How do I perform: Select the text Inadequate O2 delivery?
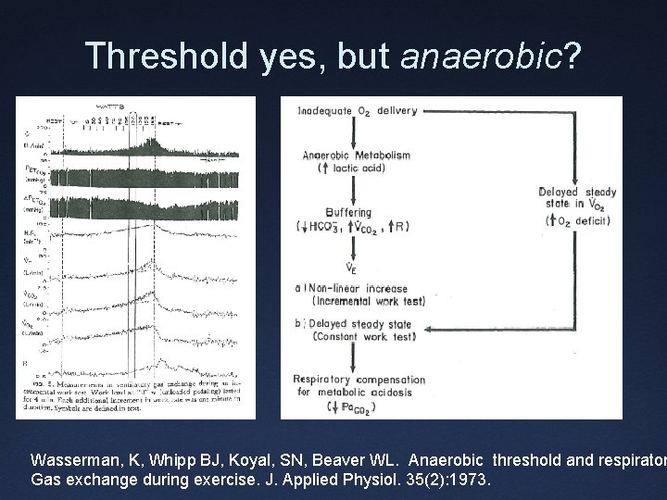click(357, 111)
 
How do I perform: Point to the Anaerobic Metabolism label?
click(356, 156)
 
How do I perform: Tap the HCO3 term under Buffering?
click(321, 227)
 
